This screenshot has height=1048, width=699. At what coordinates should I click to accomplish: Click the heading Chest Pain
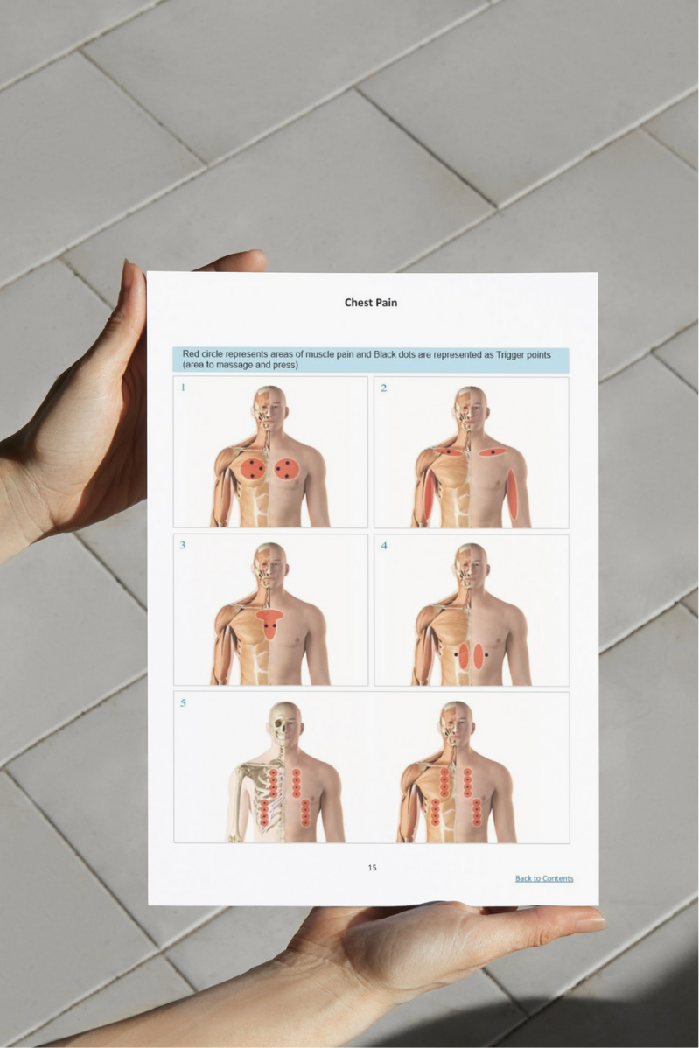coord(371,302)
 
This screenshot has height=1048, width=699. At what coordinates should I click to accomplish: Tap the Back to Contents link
coord(544,878)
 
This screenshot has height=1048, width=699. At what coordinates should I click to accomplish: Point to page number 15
coord(372,868)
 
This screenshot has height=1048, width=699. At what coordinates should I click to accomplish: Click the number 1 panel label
coord(183,388)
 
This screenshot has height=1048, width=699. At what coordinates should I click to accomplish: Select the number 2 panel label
coord(383,388)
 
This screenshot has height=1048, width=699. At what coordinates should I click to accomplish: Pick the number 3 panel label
coord(183,545)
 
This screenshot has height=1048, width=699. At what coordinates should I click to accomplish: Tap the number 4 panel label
coord(384,545)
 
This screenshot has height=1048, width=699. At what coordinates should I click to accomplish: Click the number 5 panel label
coord(183,703)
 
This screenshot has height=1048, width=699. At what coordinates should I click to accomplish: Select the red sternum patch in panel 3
coord(270,623)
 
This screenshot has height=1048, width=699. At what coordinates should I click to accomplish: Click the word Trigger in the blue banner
coord(511,354)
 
